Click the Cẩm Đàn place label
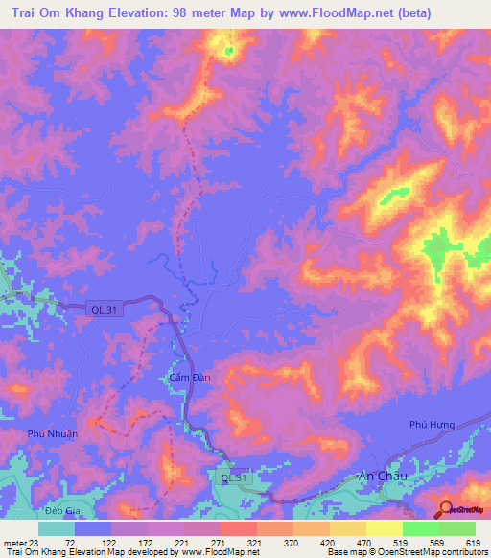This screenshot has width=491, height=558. [176, 377]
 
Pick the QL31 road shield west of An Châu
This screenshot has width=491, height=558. [233, 477]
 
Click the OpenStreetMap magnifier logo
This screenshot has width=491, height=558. [445, 509]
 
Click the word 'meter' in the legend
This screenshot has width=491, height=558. [12, 542]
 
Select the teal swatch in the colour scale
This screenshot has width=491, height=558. [57, 528]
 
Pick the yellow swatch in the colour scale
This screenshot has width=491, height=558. [384, 528]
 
